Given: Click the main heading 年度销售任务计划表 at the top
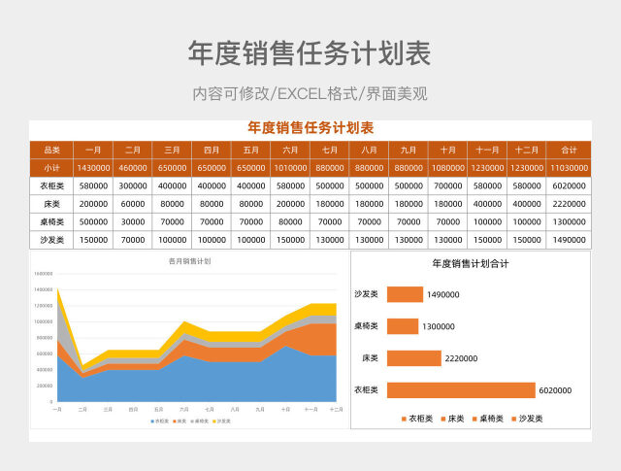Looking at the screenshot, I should (310, 52).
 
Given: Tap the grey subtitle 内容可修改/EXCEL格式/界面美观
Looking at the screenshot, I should (310, 94).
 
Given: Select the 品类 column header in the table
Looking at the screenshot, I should (52, 150).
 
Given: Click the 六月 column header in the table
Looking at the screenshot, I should (290, 150).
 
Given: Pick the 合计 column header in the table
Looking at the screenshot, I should (570, 150).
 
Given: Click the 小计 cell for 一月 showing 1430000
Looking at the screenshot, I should (93, 168).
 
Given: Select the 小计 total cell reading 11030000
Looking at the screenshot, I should (570, 168).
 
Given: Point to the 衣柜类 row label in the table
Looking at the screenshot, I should (52, 185).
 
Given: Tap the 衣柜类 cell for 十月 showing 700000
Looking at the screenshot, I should (448, 185).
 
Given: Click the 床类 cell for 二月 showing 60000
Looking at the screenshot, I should (133, 204).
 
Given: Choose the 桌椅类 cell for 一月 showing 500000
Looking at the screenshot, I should (93, 221).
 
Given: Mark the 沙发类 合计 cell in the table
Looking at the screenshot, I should (570, 240).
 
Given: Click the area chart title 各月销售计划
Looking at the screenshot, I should (189, 261).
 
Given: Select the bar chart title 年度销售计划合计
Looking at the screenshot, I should (471, 263).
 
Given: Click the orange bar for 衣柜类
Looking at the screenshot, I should (460, 390).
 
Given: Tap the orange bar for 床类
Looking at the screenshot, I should (413, 358).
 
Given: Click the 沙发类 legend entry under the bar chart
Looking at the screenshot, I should (525, 419).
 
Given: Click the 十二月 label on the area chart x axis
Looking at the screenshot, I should (336, 410).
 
